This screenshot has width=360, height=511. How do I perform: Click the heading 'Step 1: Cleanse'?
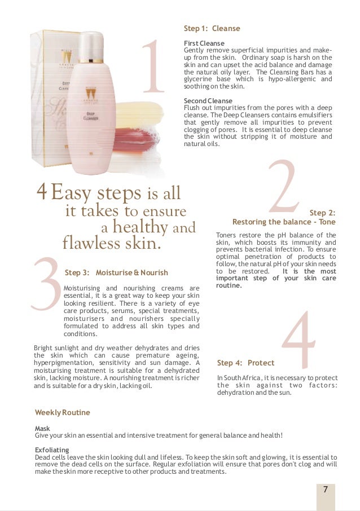tap(212, 29)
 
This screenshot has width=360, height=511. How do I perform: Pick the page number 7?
tap(325, 490)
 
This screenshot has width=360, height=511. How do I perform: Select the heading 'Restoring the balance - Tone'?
tap(284, 222)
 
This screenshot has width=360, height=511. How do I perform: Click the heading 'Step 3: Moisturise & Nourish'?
tap(116, 272)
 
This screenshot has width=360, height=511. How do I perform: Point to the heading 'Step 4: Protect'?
tap(245, 363)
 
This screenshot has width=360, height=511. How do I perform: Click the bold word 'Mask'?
tap(43, 429)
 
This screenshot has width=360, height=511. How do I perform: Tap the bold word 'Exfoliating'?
tap(52, 450)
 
